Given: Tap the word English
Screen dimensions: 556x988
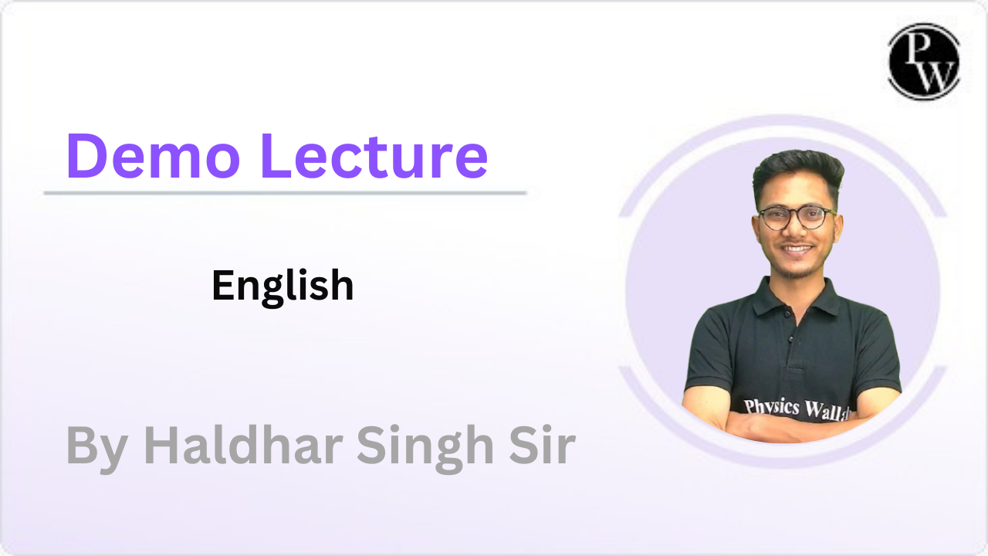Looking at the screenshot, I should (283, 286).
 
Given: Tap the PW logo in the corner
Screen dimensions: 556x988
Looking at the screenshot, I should (923, 62).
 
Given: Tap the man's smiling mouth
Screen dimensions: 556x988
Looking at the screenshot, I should (797, 249).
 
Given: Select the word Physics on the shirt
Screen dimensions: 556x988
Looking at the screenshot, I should (771, 406).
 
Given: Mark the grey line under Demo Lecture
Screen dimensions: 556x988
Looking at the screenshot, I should (285, 192).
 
